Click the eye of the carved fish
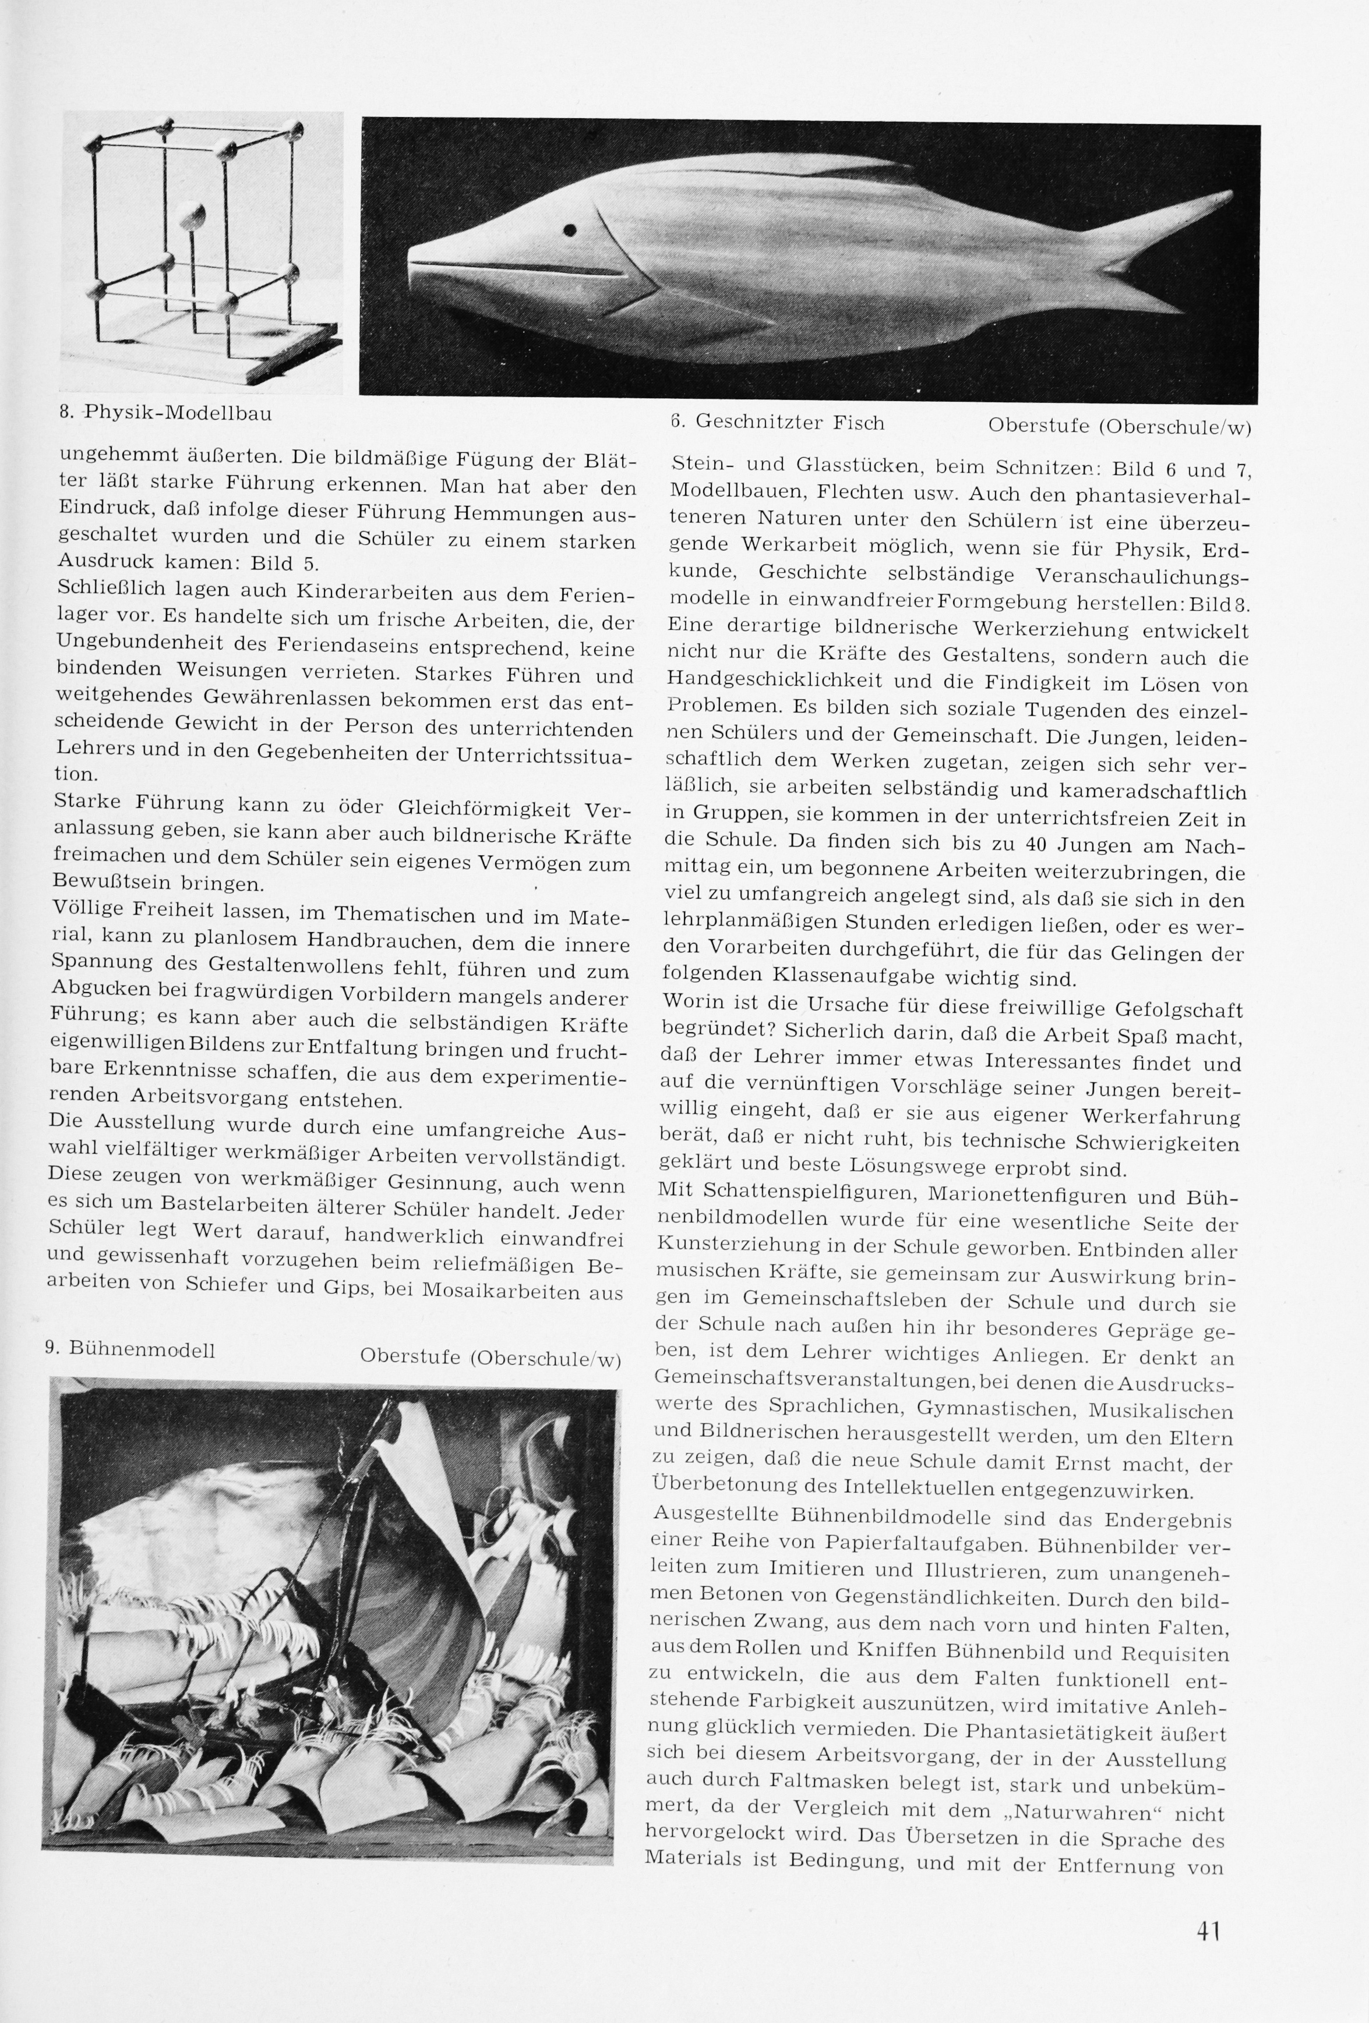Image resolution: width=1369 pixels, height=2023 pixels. (570, 231)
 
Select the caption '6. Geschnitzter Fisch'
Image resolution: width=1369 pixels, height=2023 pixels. (777, 423)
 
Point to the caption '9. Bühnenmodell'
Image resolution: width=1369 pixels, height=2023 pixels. (130, 1350)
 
